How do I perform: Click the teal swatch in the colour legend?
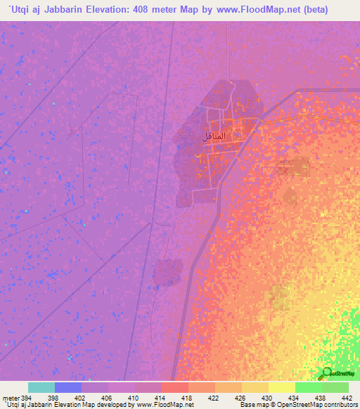[x=41, y=387]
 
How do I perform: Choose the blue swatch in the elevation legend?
[x=67, y=387]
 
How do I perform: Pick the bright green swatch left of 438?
[x=308, y=387]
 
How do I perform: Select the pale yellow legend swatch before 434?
[x=281, y=387]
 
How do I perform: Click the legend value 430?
[x=268, y=397]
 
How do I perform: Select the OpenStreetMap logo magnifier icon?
[x=326, y=372]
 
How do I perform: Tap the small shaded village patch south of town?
[x=169, y=272]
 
